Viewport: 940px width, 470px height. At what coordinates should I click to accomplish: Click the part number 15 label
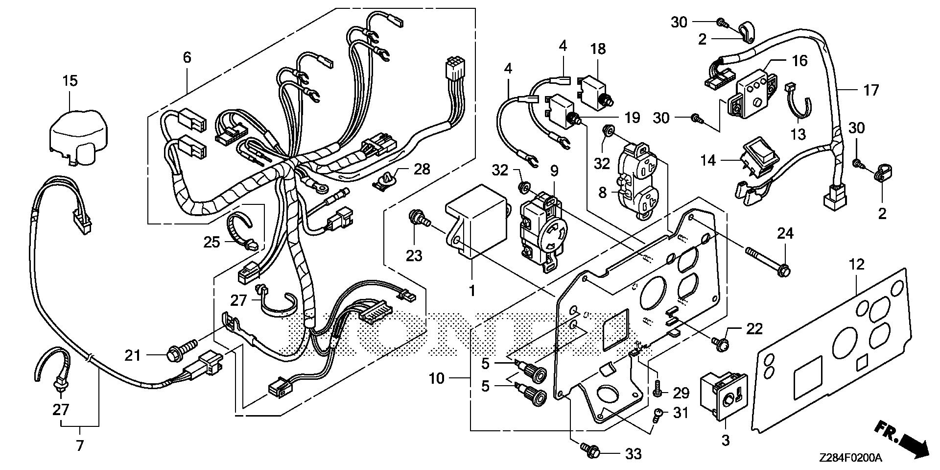click(x=70, y=81)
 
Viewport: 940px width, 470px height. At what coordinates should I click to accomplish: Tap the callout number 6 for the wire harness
click(x=187, y=58)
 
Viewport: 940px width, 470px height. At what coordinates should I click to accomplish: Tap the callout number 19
click(x=632, y=118)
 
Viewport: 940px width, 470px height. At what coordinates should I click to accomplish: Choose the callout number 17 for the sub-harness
click(x=871, y=90)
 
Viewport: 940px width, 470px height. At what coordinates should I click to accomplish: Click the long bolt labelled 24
click(x=766, y=260)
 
